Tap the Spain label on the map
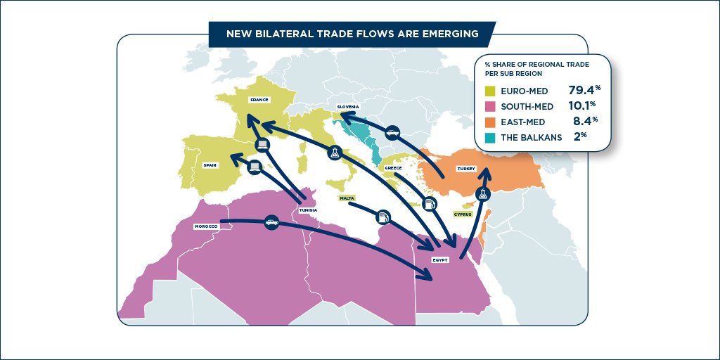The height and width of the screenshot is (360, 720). (210, 165)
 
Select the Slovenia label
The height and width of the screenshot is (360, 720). (349, 107)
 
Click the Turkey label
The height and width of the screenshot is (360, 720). (467, 169)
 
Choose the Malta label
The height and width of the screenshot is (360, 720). (347, 198)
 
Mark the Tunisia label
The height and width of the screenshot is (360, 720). (308, 210)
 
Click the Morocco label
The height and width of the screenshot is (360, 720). (206, 226)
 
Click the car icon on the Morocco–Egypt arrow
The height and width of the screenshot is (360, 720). (271, 223)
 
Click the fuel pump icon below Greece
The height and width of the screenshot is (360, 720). (430, 204)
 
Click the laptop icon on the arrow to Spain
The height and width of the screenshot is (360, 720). (255, 167)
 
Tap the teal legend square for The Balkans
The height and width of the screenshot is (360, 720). (491, 137)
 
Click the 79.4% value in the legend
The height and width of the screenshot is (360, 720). (584, 90)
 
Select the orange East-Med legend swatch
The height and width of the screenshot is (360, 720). (491, 122)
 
